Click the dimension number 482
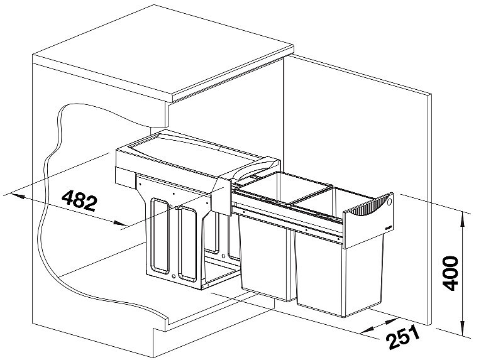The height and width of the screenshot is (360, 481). pos(79,200)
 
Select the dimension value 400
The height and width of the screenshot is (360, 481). pos(451,273)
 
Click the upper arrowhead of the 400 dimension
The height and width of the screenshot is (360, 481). pos(462,218)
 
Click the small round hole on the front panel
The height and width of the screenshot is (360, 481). pos(390,202)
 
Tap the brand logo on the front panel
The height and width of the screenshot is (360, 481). pos(388,228)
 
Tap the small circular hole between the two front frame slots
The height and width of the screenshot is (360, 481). pos(174,276)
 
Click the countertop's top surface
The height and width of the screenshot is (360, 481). pos(163,52)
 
